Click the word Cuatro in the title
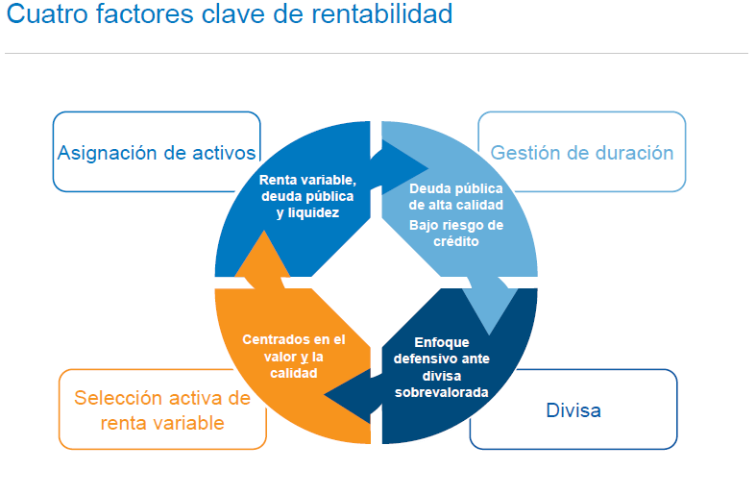click(47, 13)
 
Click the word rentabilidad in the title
click(382, 13)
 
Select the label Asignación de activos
click(157, 153)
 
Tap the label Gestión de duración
click(582, 153)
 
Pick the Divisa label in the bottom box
click(573, 410)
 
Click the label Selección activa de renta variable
click(162, 410)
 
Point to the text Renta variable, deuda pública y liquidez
click(307, 196)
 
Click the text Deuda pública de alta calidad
click(456, 197)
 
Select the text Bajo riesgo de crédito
click(456, 233)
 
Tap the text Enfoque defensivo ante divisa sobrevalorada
click(442, 367)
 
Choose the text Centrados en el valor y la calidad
click(294, 356)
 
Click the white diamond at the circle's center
click(376, 283)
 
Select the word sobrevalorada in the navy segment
click(442, 392)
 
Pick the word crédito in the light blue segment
click(456, 241)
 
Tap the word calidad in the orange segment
click(294, 373)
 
